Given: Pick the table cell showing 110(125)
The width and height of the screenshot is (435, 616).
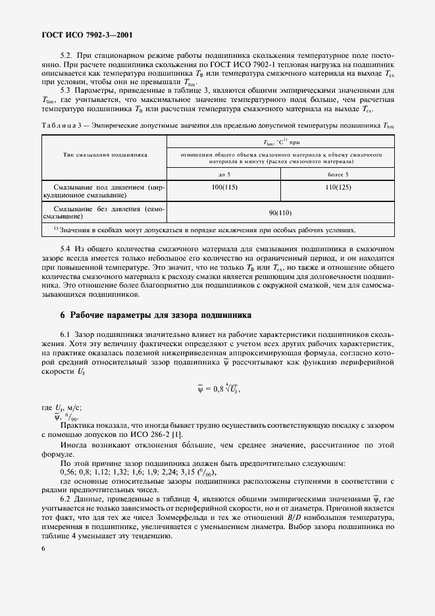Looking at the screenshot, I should [x=338, y=188].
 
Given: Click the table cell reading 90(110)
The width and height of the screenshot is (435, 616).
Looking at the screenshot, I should [x=280, y=213].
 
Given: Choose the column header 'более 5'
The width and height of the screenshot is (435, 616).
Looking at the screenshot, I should [x=338, y=174].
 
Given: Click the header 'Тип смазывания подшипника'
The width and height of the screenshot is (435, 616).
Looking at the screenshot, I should [x=105, y=154].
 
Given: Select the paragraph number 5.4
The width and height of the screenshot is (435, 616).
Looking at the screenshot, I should [x=66, y=248].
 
